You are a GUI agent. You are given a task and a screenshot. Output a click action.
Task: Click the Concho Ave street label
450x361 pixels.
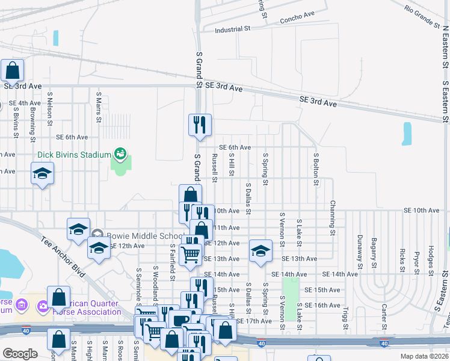297,17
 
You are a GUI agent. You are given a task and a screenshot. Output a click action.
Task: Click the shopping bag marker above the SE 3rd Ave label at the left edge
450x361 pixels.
12,70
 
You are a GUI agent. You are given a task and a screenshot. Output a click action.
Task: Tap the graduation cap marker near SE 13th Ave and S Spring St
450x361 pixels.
260,250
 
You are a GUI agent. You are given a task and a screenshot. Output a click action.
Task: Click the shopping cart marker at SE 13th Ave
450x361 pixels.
191,254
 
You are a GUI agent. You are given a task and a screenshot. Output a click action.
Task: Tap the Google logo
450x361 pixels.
20,354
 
